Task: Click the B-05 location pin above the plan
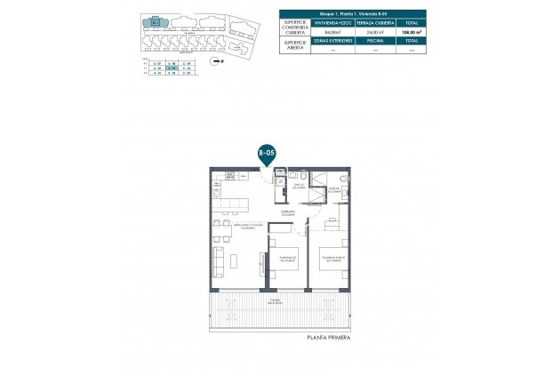click(x=266, y=153)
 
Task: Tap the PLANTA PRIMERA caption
click(x=328, y=339)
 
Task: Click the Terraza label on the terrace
click(x=280, y=300)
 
